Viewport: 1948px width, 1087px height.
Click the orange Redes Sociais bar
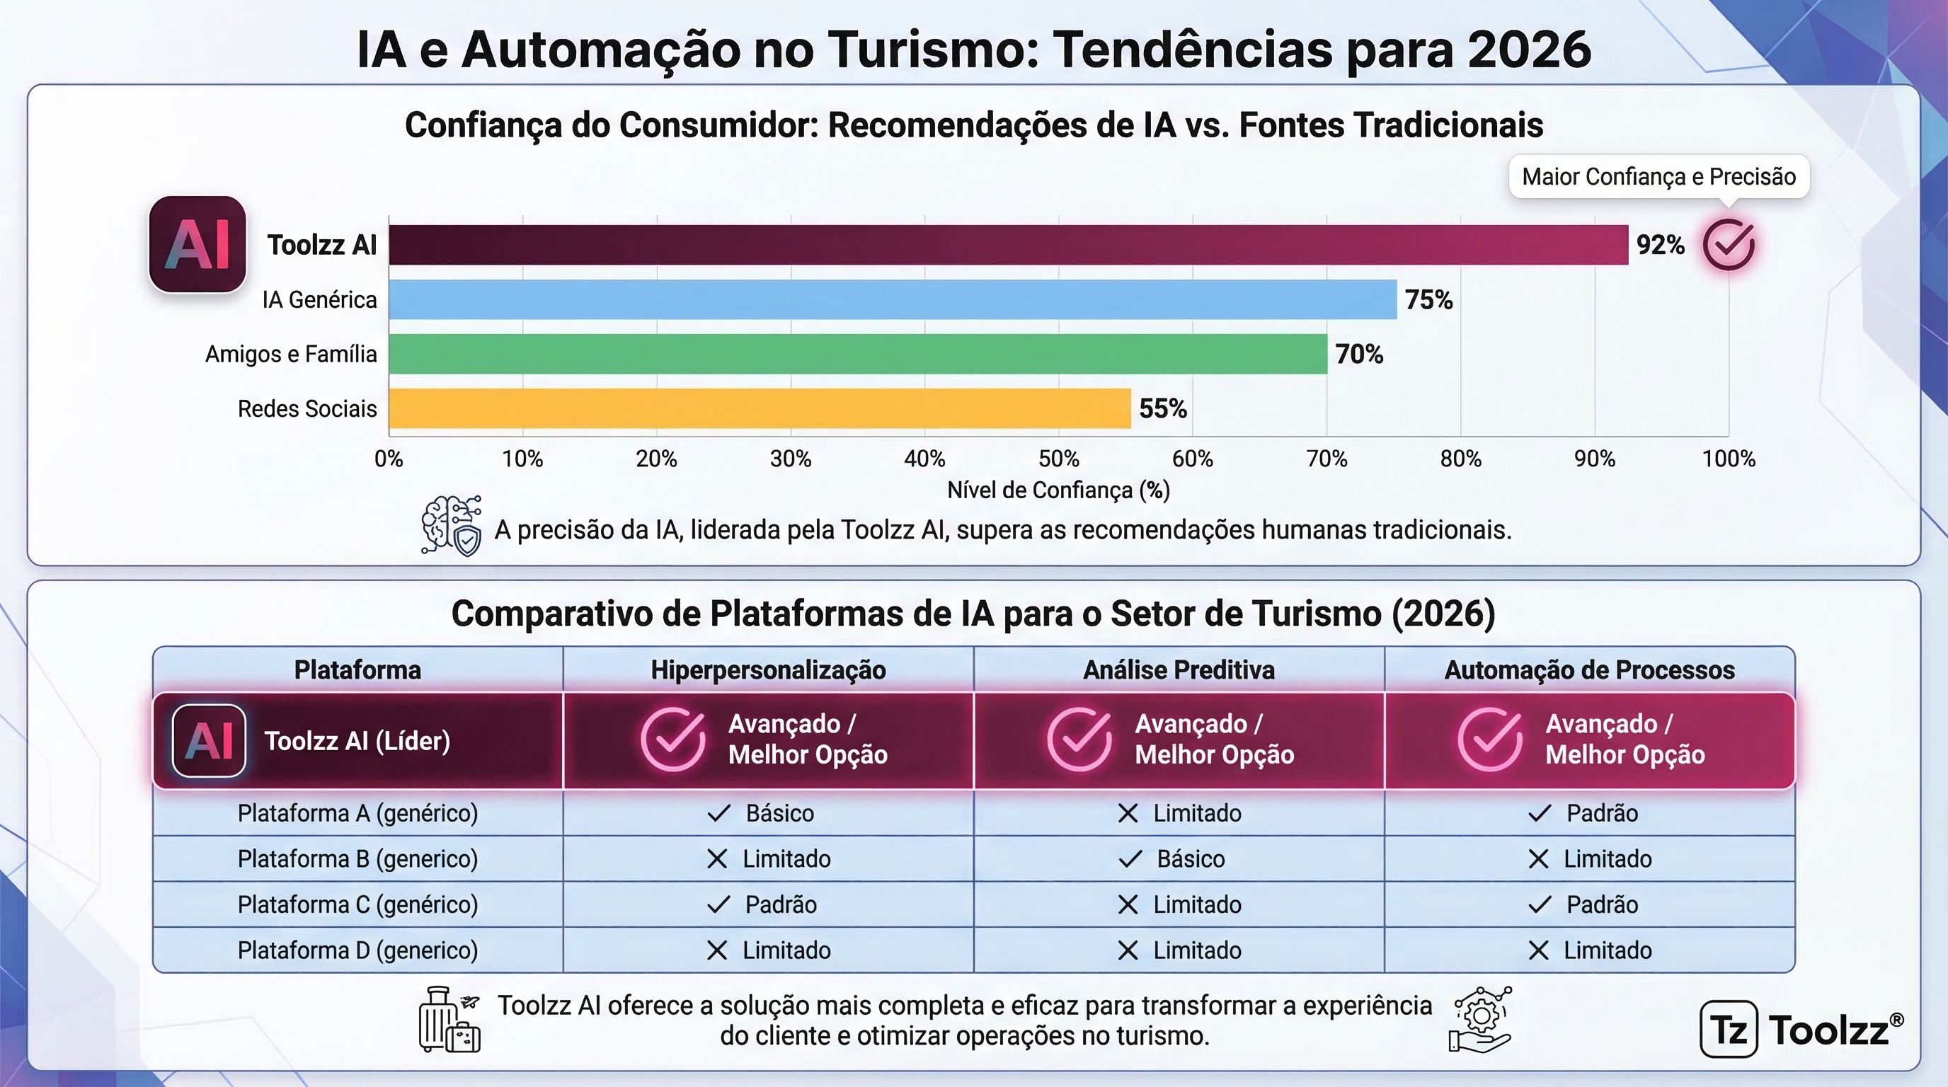760,408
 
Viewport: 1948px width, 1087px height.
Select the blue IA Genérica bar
893,299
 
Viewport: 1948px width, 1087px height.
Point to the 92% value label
1660,245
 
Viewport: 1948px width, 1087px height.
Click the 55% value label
1163,409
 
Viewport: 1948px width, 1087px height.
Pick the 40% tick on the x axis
924,459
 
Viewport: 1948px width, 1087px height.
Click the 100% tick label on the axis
1729,459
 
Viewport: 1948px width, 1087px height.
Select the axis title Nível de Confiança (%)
1059,490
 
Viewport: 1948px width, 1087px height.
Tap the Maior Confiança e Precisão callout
1659,177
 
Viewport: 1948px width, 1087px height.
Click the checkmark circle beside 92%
1729,244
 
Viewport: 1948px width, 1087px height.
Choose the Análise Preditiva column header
1179,669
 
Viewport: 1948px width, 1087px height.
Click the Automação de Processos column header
1590,669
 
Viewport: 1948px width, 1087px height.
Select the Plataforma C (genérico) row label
357,905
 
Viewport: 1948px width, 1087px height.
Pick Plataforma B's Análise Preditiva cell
1179,858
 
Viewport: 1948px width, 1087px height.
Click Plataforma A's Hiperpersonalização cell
768,813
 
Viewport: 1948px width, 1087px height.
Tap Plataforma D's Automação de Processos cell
1590,950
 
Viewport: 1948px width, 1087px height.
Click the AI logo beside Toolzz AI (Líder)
209,741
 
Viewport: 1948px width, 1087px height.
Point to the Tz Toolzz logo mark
1729,1029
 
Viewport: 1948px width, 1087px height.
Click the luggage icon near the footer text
450,1019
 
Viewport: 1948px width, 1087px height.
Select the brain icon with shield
452,525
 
